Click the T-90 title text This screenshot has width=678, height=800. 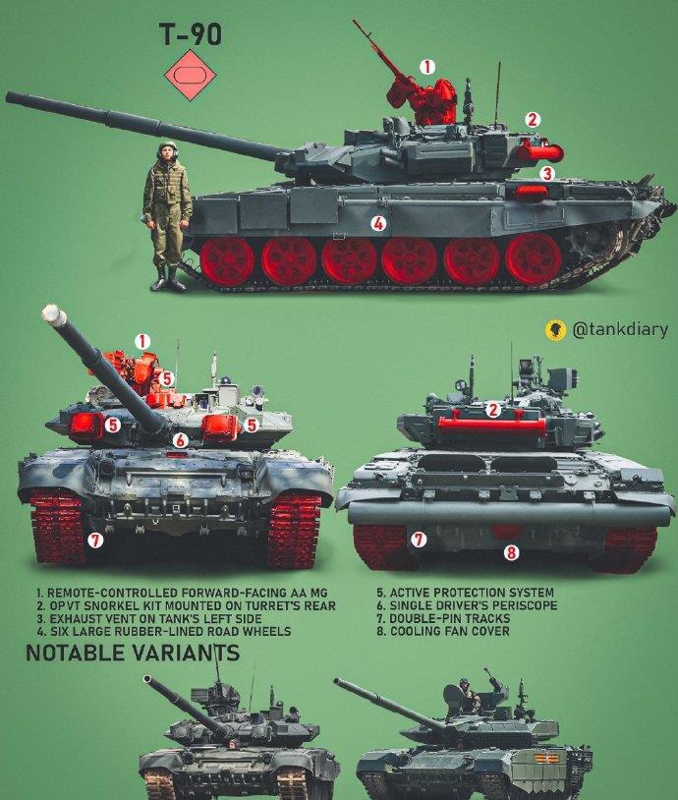coord(191,35)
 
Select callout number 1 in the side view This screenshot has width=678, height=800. coord(426,67)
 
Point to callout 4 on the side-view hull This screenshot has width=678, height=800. coord(378,223)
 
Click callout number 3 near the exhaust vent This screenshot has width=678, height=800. coord(547,173)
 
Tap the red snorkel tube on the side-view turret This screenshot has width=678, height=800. coord(538,151)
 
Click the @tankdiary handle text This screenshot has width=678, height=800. coord(618,329)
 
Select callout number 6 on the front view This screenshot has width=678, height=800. coord(180,440)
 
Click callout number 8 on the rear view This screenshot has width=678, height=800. coord(511,552)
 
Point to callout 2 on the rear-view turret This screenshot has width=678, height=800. coord(493,410)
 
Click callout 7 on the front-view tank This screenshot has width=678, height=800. coord(95,540)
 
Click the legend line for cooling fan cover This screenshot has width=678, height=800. coord(442,631)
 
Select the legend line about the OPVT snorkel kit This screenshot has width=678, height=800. coord(184,606)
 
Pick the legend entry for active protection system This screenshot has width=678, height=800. coord(454,594)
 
